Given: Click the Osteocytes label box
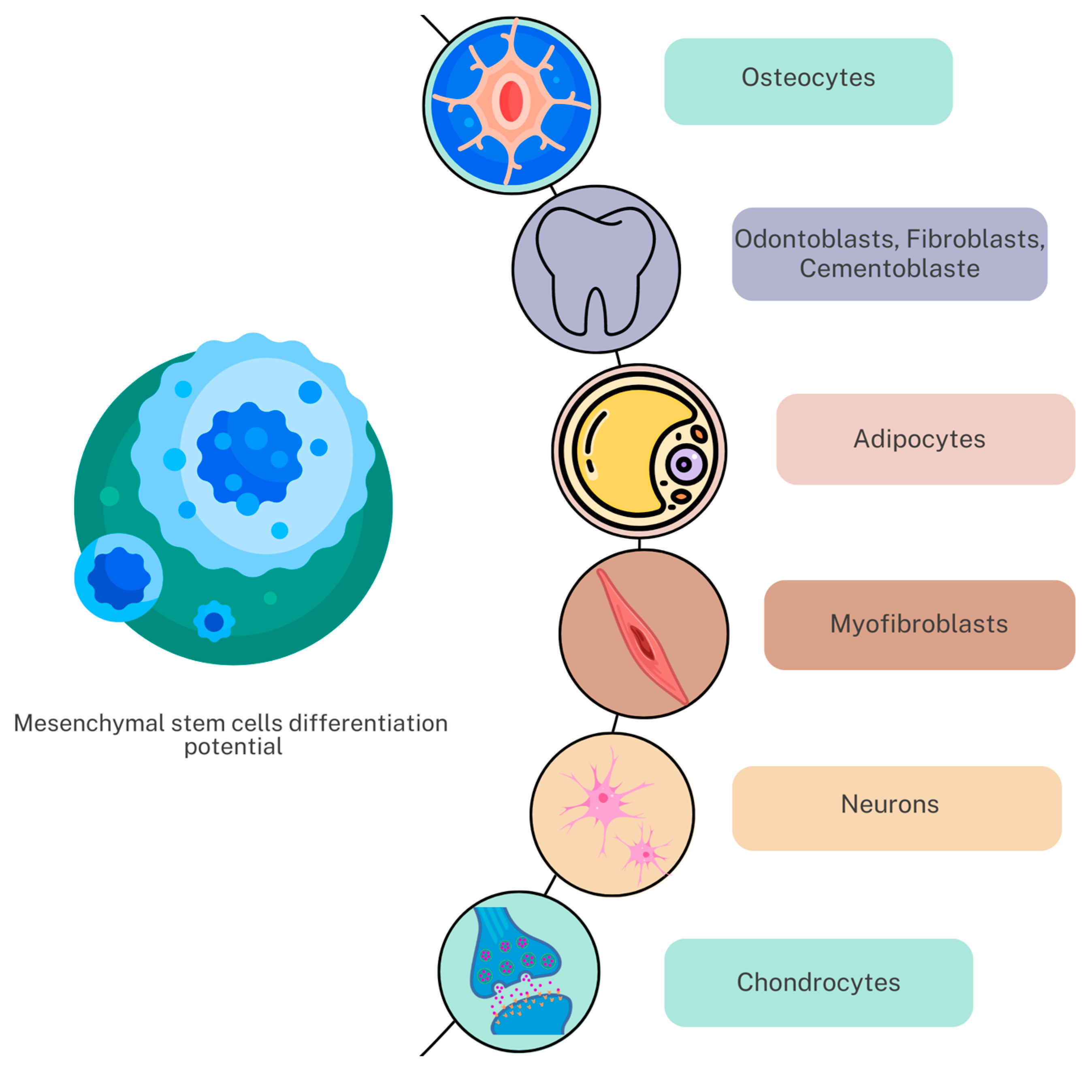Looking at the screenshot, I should (x=808, y=81).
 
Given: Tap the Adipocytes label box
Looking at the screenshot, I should (x=925, y=439).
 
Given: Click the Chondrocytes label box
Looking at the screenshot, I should (x=818, y=982).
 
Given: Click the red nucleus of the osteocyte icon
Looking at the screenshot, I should (x=511, y=102).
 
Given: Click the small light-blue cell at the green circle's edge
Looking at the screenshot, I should (x=118, y=577).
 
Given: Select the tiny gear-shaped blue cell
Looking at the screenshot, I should (x=213, y=621).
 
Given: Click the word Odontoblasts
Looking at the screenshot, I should (x=813, y=239).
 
